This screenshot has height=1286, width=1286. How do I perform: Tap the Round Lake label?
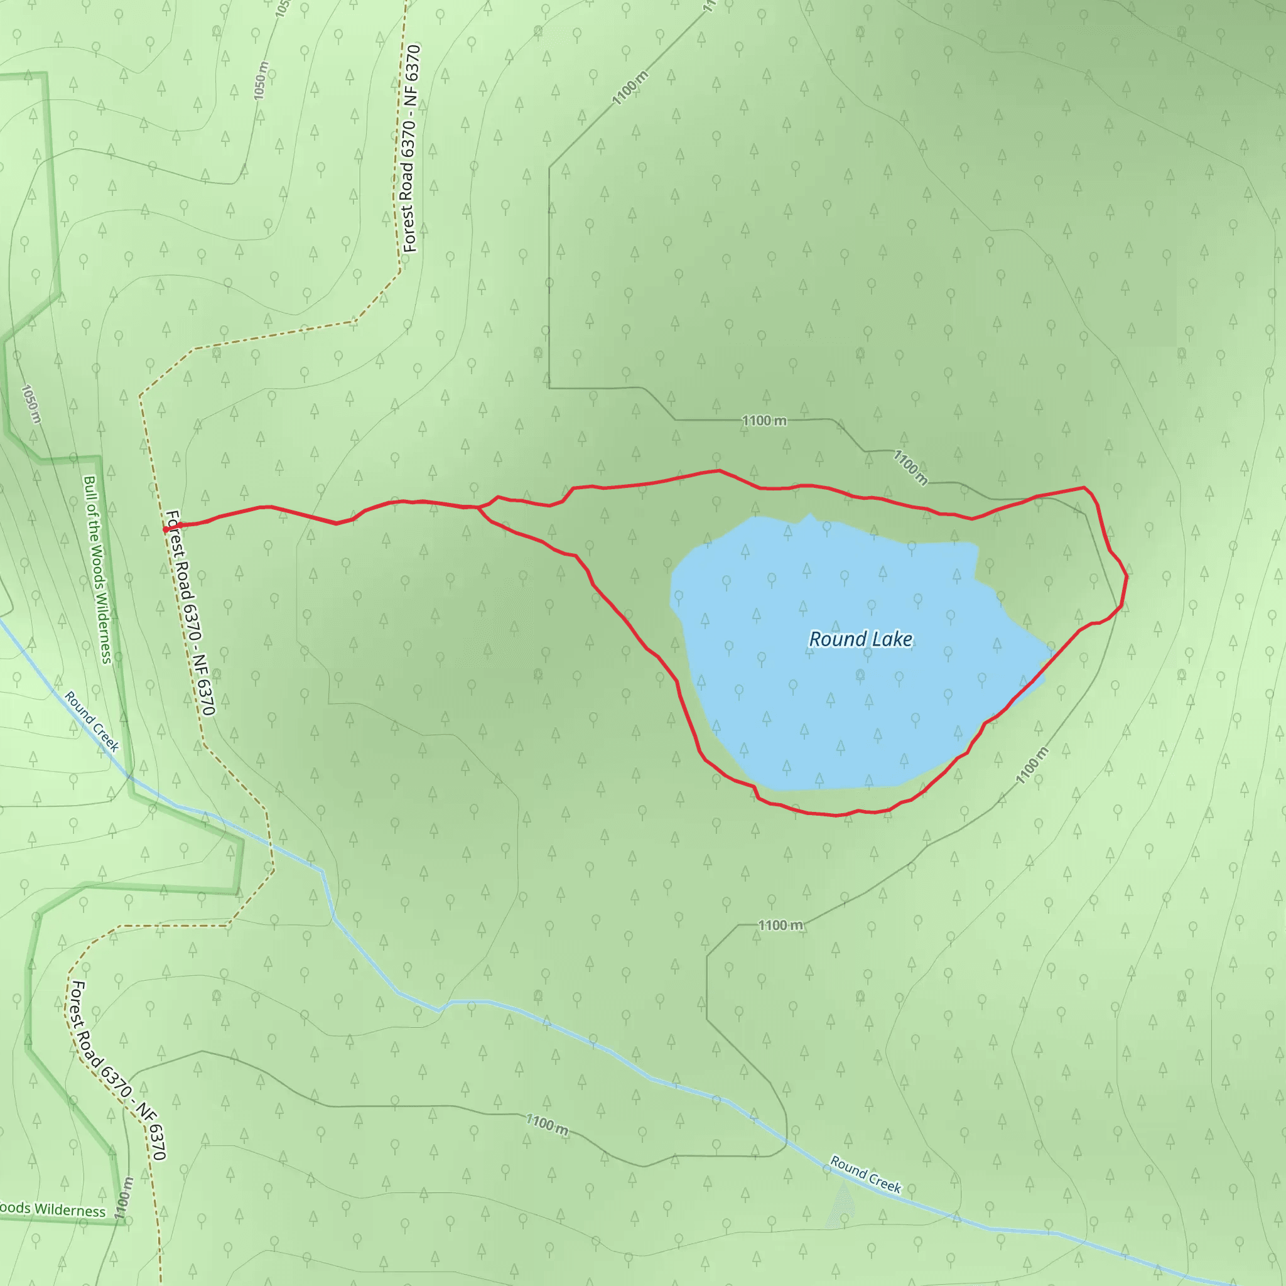860,639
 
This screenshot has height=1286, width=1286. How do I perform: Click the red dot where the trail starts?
166,530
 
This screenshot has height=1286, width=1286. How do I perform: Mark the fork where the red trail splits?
478,508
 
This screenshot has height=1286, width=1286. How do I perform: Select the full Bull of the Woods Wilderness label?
98,569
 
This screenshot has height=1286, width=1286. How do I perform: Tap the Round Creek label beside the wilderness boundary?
92,721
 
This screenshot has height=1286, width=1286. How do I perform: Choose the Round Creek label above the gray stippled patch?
865,1175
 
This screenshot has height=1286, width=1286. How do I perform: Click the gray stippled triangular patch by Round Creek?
841,1205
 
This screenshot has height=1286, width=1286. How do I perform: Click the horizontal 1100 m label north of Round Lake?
764,421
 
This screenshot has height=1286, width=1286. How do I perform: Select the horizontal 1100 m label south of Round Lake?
781,925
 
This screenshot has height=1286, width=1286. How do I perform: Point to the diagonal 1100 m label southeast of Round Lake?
1032,765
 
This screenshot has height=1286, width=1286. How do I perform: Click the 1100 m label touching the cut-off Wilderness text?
124,1198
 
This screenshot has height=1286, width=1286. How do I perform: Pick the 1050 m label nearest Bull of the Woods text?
31,403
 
